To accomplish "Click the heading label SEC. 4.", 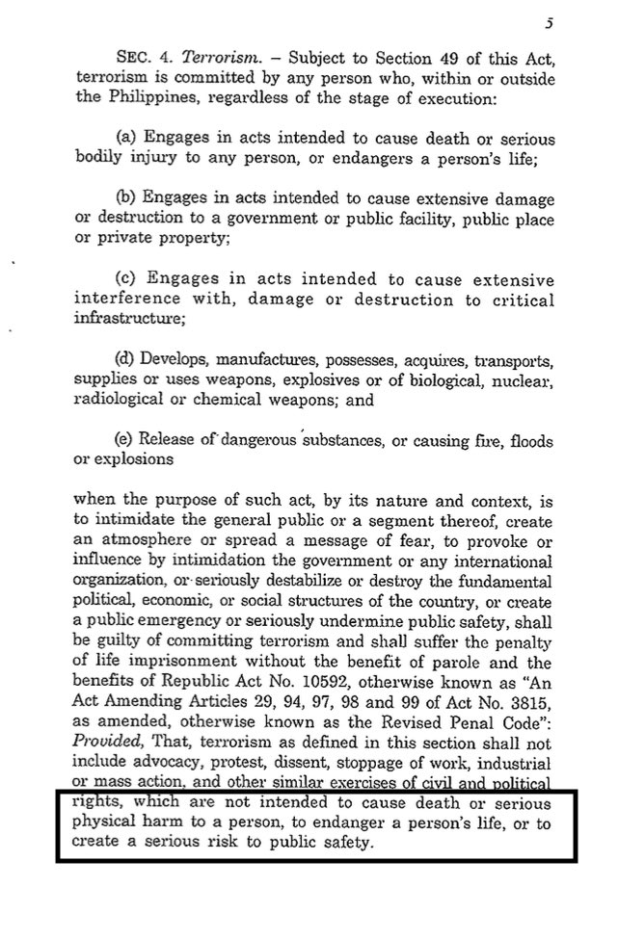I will pos(139,59).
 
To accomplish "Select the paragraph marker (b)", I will pos(124,200).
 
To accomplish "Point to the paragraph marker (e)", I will pos(124,440).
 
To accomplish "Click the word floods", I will pos(531,440).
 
